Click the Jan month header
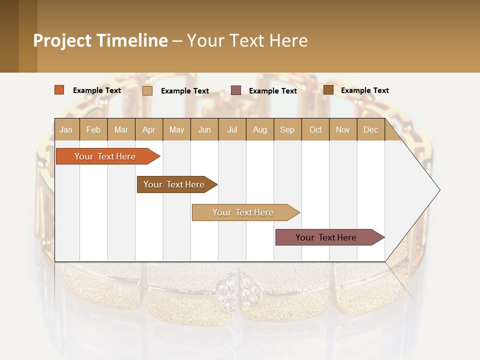66,129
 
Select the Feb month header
93,129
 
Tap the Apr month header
149,129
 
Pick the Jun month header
204,129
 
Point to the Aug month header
260,129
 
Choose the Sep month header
287,129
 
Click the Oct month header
315,129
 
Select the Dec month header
371,129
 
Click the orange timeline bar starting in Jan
105,156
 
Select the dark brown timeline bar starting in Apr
174,184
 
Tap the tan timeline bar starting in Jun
243,212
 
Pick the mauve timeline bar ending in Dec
326,237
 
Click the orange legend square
59,90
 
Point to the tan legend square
147,90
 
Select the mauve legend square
236,90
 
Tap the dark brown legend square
328,90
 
